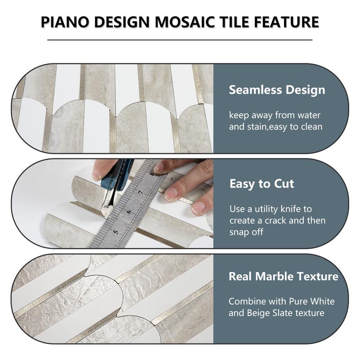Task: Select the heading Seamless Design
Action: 277,90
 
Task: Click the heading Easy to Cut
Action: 261,184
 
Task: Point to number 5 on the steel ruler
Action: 116,231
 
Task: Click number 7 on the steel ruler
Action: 139,192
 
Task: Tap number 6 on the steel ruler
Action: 129,211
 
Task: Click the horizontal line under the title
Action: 180,40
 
